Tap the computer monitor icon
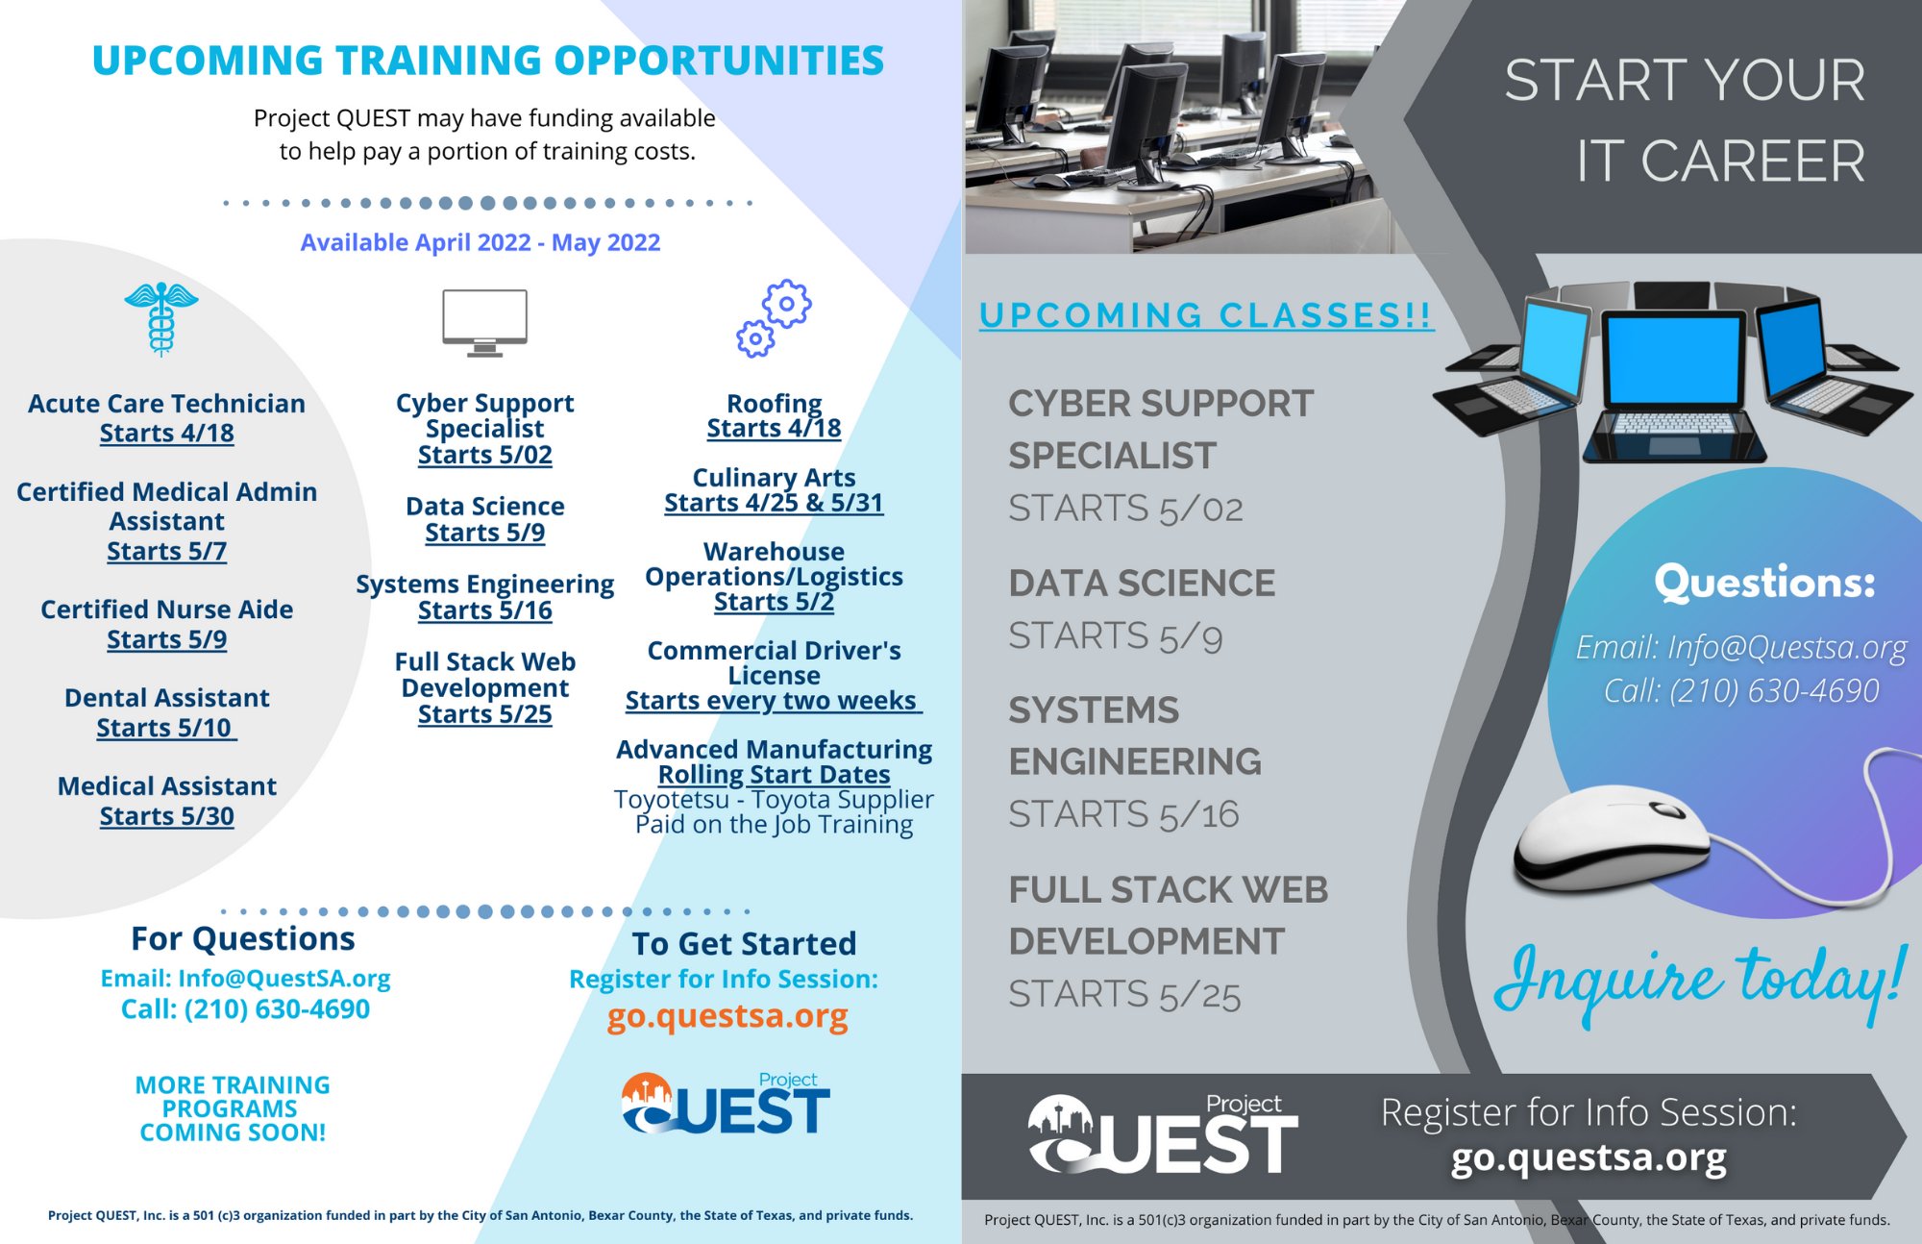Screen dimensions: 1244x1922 pyautogui.click(x=484, y=321)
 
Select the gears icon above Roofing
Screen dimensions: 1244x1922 pyautogui.click(x=775, y=318)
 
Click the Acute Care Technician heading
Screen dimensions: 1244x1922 pyautogui.click(x=166, y=404)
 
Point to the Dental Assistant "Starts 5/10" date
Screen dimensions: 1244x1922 pyautogui.click(x=165, y=728)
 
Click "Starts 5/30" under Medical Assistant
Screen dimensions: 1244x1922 pyautogui.click(x=166, y=816)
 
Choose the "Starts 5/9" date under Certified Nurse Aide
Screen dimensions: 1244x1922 pyautogui.click(x=166, y=639)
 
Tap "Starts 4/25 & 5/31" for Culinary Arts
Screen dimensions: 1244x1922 pyautogui.click(x=774, y=503)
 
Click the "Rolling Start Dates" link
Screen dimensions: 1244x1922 pyautogui.click(x=774, y=774)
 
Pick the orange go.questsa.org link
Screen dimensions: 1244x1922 pyautogui.click(x=727, y=1016)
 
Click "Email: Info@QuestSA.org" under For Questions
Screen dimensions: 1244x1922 pyautogui.click(x=245, y=979)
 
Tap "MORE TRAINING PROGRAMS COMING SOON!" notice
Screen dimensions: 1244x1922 pyautogui.click(x=233, y=1108)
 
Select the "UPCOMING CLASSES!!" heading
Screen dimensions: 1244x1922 pyautogui.click(x=1206, y=315)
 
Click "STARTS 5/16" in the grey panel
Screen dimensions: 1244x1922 pyautogui.click(x=1123, y=814)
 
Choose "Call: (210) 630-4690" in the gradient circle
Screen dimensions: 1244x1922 pyautogui.click(x=1740, y=690)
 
